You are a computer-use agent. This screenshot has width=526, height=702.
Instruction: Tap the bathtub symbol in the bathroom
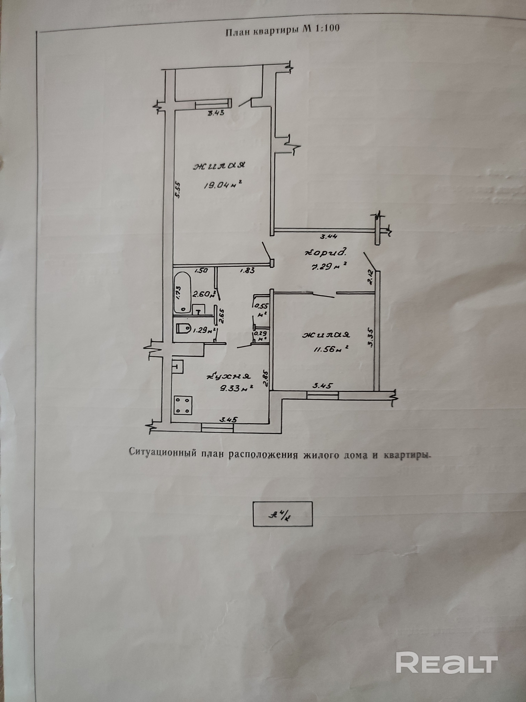click(182, 292)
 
